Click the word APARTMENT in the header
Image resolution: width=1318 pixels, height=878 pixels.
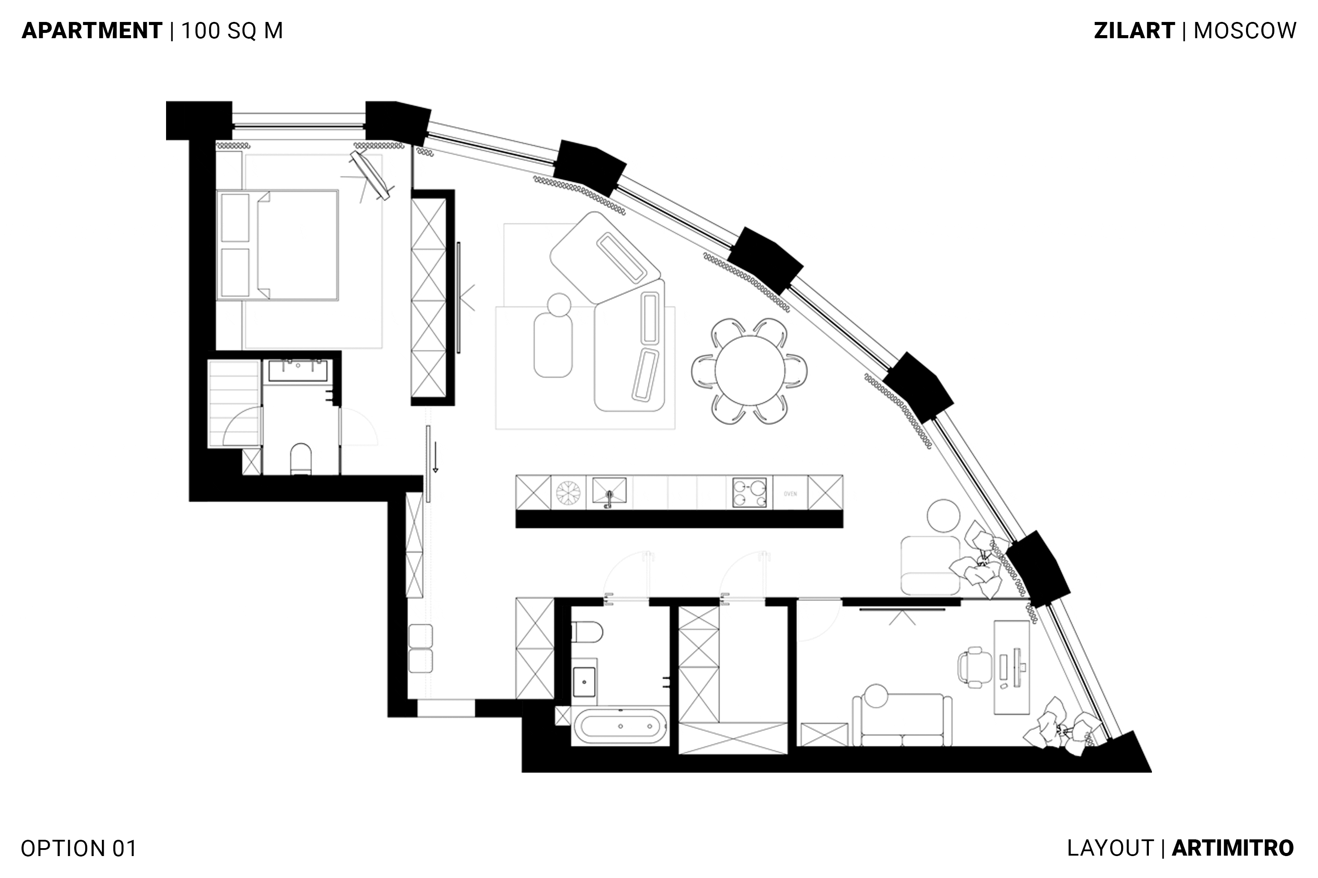click(x=92, y=30)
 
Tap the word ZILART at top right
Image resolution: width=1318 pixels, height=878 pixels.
click(x=1134, y=30)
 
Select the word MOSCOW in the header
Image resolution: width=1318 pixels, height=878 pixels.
click(x=1245, y=30)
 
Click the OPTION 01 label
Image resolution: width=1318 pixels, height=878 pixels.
click(x=79, y=848)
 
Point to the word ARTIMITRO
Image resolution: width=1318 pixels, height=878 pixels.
click(x=1233, y=848)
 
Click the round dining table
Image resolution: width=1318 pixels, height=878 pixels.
click(x=750, y=370)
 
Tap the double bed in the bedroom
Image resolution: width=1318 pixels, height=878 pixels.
click(x=277, y=245)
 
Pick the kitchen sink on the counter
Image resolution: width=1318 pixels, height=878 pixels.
click(x=609, y=492)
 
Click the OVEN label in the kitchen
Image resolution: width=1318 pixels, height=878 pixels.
click(x=790, y=494)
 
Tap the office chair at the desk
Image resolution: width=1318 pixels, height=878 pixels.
click(x=971, y=667)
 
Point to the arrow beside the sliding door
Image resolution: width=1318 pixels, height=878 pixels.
click(x=435, y=457)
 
